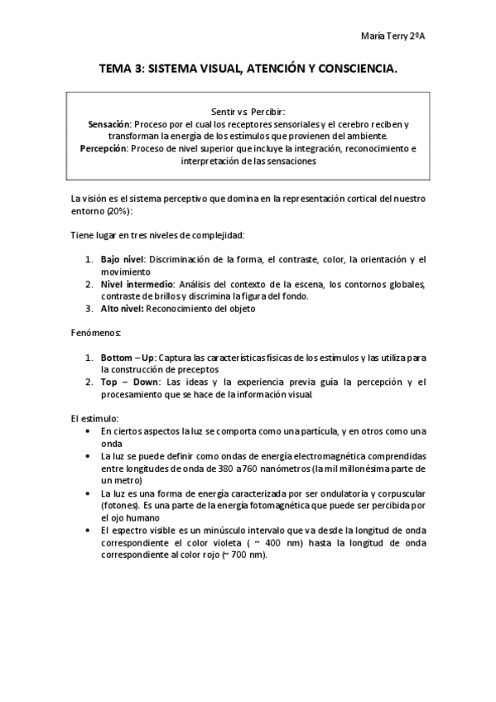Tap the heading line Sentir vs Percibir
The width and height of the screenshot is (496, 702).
coord(248,110)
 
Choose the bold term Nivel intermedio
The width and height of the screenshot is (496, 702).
coord(137,284)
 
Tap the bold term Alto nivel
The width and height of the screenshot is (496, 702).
coord(123,309)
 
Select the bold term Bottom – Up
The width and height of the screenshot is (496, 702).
coord(128,357)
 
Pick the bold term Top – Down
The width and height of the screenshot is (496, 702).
coord(128,382)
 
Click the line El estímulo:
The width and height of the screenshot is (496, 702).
coord(94,419)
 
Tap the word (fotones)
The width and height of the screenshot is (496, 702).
coord(119,504)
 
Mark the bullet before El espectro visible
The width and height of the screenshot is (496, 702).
coord(89,529)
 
